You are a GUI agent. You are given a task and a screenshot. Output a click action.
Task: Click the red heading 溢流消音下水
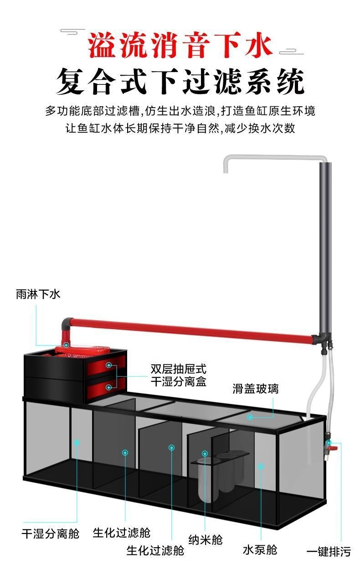coord(180,46)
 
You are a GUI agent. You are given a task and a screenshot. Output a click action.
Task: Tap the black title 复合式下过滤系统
coord(180,82)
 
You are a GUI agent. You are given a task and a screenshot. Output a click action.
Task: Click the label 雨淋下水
coord(38,295)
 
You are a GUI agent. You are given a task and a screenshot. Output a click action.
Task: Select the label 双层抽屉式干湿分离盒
coord(178,375)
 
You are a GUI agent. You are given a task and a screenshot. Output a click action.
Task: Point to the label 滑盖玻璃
coord(255,389)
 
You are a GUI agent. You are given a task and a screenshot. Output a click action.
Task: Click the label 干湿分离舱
coord(50,534)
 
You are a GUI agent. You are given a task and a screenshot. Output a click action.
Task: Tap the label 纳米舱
coord(206,539)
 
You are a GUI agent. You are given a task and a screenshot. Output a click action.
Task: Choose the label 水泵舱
coord(260,550)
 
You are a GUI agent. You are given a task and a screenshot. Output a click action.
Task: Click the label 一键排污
coord(329,552)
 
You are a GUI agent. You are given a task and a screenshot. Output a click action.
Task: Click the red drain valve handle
coord(334,448)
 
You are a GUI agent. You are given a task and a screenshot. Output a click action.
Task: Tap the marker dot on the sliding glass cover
coord(250,417)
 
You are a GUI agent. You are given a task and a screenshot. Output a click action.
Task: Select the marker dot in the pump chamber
coord(261,466)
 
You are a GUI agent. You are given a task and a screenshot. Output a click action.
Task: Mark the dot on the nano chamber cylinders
coord(205,453)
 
